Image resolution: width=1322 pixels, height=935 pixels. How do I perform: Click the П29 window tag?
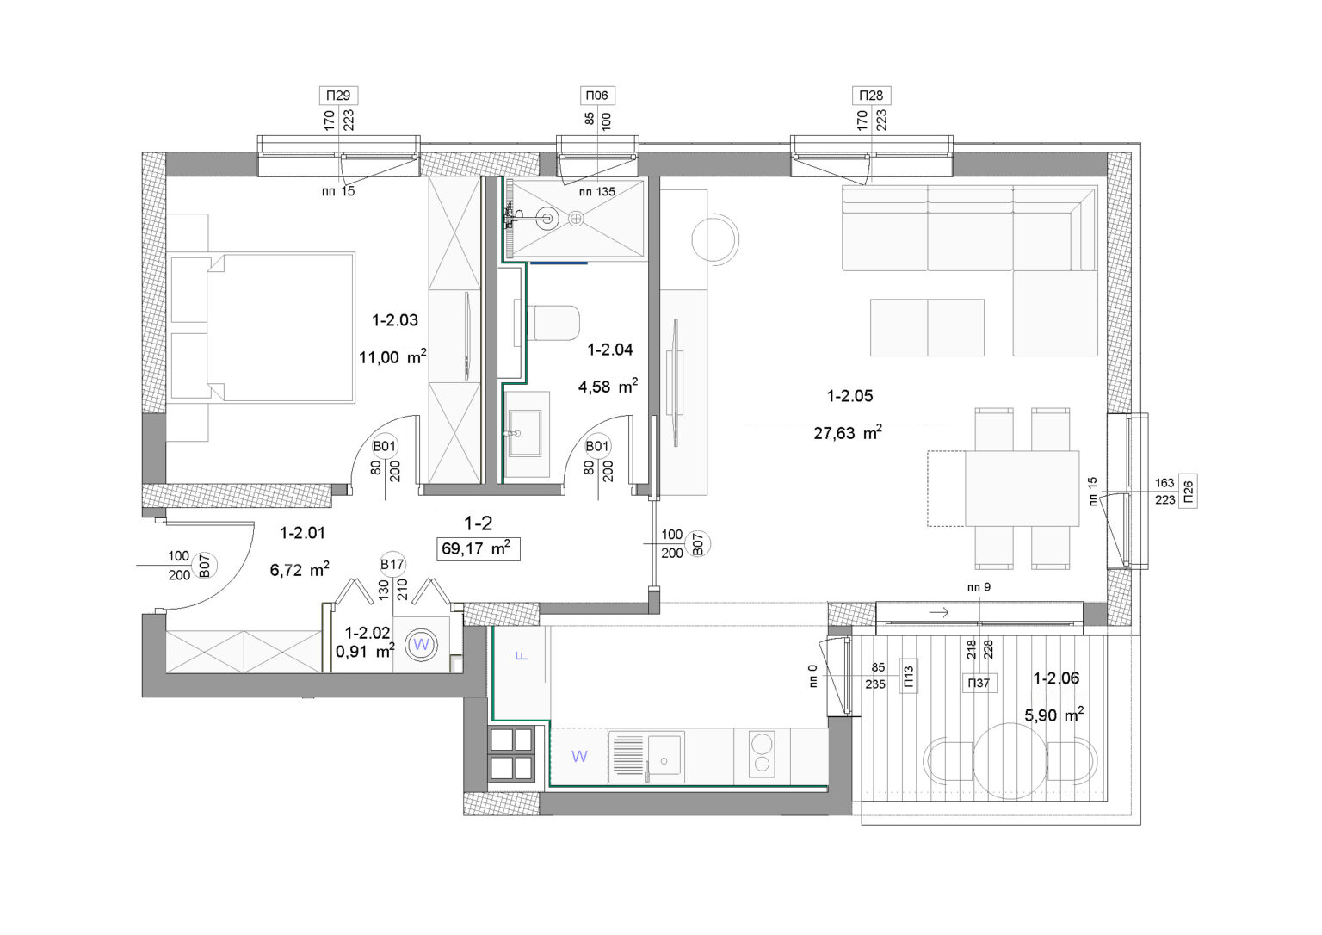(x=338, y=95)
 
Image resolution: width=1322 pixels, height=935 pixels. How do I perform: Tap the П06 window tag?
(x=596, y=95)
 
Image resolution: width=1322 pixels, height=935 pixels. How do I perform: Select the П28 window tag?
(x=871, y=95)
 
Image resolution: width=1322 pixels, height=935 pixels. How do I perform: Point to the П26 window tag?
(x=1188, y=491)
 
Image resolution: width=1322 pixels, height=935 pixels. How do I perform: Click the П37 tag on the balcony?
(x=979, y=683)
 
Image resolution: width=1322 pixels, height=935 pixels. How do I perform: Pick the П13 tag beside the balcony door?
(x=908, y=676)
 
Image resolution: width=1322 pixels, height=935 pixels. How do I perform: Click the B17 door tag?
(x=392, y=565)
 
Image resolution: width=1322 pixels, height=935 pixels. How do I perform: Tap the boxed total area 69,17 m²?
(x=478, y=548)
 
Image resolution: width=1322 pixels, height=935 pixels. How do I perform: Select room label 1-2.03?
(x=395, y=320)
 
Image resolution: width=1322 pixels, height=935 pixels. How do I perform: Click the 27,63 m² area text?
(x=848, y=433)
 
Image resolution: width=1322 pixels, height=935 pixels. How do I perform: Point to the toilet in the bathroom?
(x=553, y=323)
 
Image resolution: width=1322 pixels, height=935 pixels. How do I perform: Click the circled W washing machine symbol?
(x=421, y=645)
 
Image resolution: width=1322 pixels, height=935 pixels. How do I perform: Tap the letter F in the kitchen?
(x=521, y=655)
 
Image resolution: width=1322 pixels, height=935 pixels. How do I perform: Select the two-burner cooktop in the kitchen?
(x=762, y=754)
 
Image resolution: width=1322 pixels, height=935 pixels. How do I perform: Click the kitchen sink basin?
(x=664, y=755)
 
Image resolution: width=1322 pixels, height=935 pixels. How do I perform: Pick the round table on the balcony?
(x=1010, y=761)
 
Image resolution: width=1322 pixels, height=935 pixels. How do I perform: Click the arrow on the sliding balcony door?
(x=938, y=612)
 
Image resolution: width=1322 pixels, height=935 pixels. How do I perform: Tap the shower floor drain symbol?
(x=576, y=219)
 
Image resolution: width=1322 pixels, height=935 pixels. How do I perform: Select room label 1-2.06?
(x=1056, y=678)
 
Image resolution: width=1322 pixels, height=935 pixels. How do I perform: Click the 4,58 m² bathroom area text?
(x=608, y=387)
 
